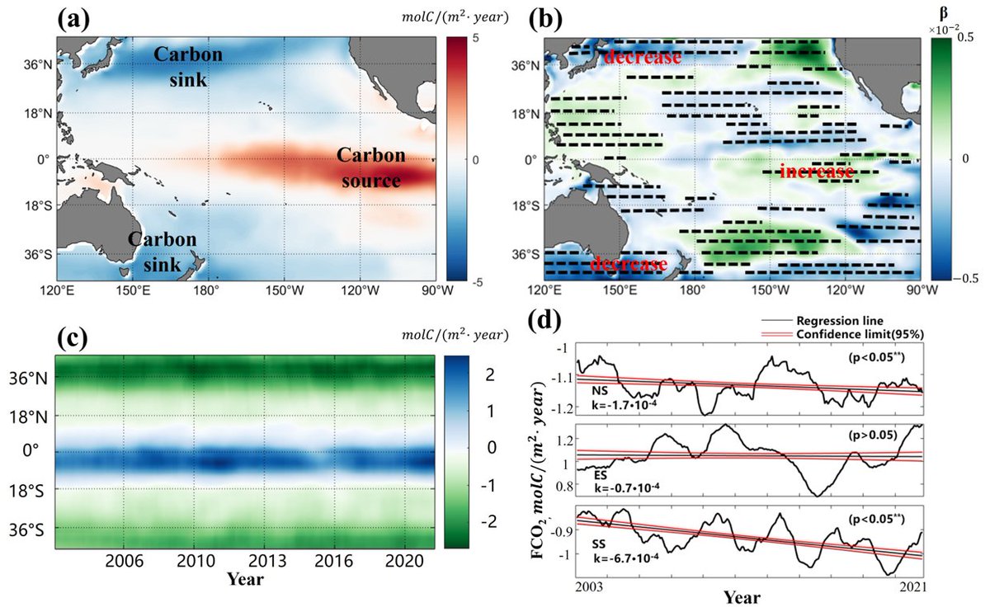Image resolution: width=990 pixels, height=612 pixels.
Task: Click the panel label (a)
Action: coord(73,18)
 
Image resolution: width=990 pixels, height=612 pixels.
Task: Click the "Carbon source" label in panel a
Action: coord(369,168)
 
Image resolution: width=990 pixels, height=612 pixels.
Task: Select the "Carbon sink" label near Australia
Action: coord(162,252)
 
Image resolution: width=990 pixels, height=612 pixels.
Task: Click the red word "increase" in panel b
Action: coord(816,172)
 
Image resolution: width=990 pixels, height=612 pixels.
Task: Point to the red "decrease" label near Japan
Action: coord(642,59)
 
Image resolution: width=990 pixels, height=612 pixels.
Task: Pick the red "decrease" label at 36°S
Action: coord(629,264)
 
